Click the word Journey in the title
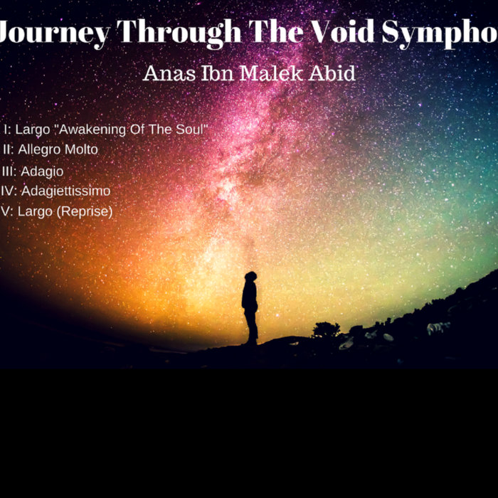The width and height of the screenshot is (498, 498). click(x=53, y=32)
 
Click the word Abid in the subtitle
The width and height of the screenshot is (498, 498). click(x=333, y=74)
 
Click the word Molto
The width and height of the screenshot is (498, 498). click(x=78, y=150)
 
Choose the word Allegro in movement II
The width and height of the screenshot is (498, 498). click(x=38, y=150)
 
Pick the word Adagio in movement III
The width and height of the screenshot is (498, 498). click(x=42, y=171)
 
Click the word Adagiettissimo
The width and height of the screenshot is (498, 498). click(x=65, y=191)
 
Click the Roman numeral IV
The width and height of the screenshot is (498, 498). click(x=9, y=191)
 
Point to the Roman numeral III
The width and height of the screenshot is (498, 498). click(x=9, y=171)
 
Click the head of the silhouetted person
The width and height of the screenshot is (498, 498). click(x=250, y=277)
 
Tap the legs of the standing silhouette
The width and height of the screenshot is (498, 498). click(x=251, y=327)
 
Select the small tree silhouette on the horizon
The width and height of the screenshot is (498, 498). click(x=326, y=329)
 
